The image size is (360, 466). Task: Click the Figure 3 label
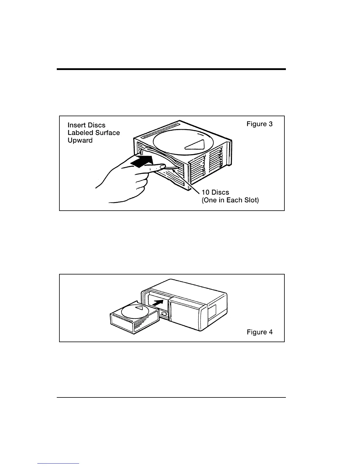tap(259, 124)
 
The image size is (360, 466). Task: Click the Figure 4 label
tap(259, 332)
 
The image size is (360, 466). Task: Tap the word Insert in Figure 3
tap(76, 125)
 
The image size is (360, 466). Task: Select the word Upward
tap(80, 140)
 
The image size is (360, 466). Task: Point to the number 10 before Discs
tap(206, 192)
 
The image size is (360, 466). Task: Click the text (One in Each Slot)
tap(230, 200)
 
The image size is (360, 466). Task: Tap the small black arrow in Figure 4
tap(158, 302)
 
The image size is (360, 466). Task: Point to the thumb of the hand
tap(153, 168)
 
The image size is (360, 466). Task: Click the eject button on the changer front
tap(164, 314)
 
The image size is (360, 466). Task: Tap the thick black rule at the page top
tap(171, 69)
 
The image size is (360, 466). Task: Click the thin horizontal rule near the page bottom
tap(171, 397)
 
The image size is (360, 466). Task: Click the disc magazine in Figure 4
tap(129, 319)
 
